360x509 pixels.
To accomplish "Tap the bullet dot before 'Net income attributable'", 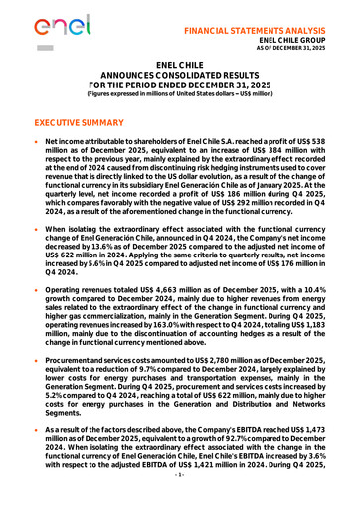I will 37,145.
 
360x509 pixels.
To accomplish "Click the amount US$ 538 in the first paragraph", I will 327,145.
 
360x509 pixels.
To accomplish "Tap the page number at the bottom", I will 180,503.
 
